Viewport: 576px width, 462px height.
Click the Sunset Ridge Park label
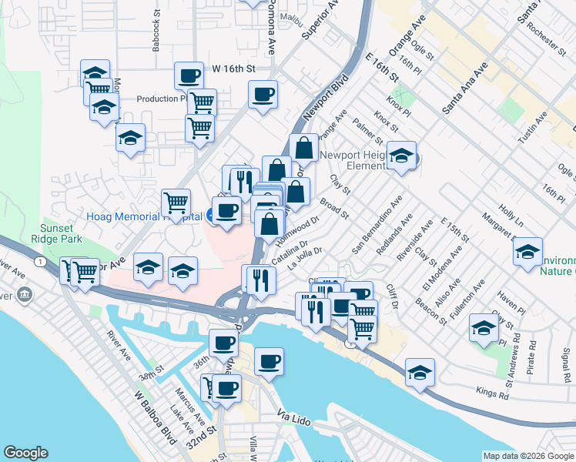pos(58,233)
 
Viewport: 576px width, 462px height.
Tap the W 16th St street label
pos(234,69)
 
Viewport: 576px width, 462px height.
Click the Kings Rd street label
pos(493,397)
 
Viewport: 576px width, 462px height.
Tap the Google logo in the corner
pos(25,453)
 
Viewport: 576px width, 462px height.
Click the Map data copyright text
pos(528,456)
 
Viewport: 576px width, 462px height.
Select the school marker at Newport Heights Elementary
pos(401,156)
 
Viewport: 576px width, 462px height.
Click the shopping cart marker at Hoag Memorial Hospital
pos(176,204)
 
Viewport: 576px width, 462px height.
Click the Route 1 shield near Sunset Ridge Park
pos(39,263)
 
